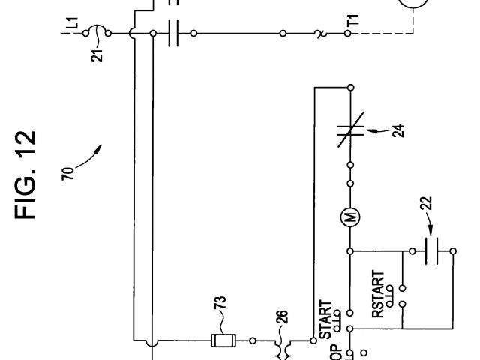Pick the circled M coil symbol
tap(350, 218)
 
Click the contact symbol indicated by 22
tap(430, 251)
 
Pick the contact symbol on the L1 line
tap(175, 33)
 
